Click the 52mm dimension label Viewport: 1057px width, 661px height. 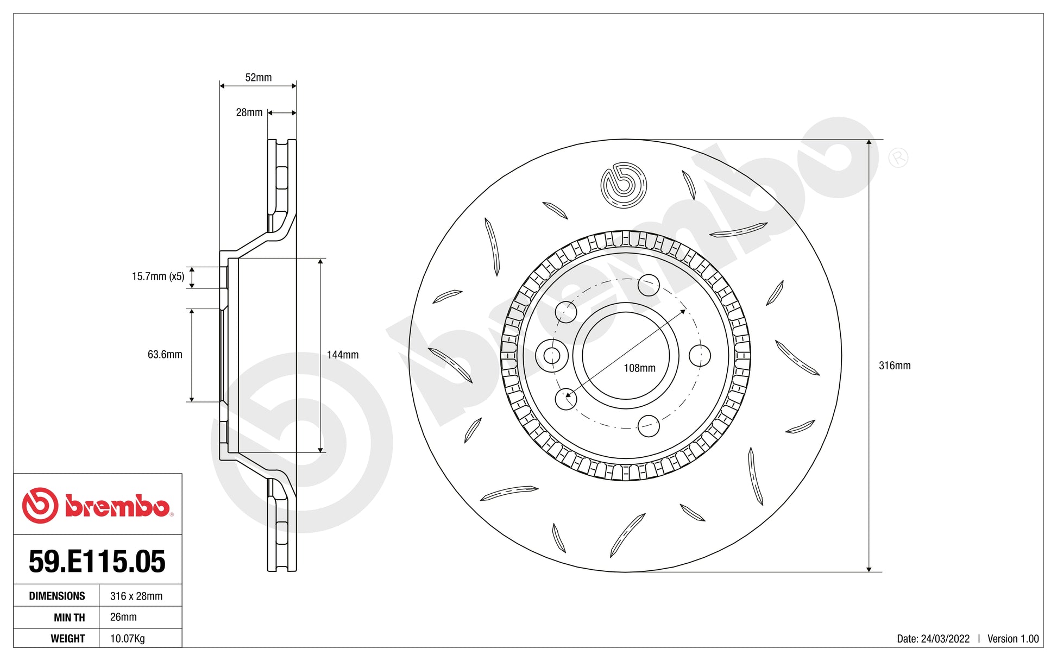[258, 78]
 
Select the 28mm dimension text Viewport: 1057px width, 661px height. [249, 112]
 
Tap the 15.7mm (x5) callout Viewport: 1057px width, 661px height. [158, 276]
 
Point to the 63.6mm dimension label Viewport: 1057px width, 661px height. [165, 355]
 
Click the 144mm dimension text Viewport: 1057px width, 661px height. [342, 355]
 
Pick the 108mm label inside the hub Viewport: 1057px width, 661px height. [639, 368]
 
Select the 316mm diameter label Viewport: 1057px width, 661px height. [894, 366]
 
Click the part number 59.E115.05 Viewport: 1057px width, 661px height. [97, 561]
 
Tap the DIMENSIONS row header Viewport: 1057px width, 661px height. [56, 596]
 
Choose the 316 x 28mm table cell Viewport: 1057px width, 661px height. [136, 596]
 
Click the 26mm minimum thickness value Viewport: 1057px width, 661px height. [123, 617]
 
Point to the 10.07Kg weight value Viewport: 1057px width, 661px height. [127, 638]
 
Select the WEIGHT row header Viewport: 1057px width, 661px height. [67, 638]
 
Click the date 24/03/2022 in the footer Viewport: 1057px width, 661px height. [945, 639]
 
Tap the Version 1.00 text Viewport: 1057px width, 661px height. [1012, 639]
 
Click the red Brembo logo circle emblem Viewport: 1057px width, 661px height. [40, 505]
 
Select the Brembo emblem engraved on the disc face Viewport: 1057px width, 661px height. [624, 185]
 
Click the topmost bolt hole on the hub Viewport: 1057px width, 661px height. [649, 285]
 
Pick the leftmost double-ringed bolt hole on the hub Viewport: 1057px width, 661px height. [551, 356]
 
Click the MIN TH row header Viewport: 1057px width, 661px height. [69, 617]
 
